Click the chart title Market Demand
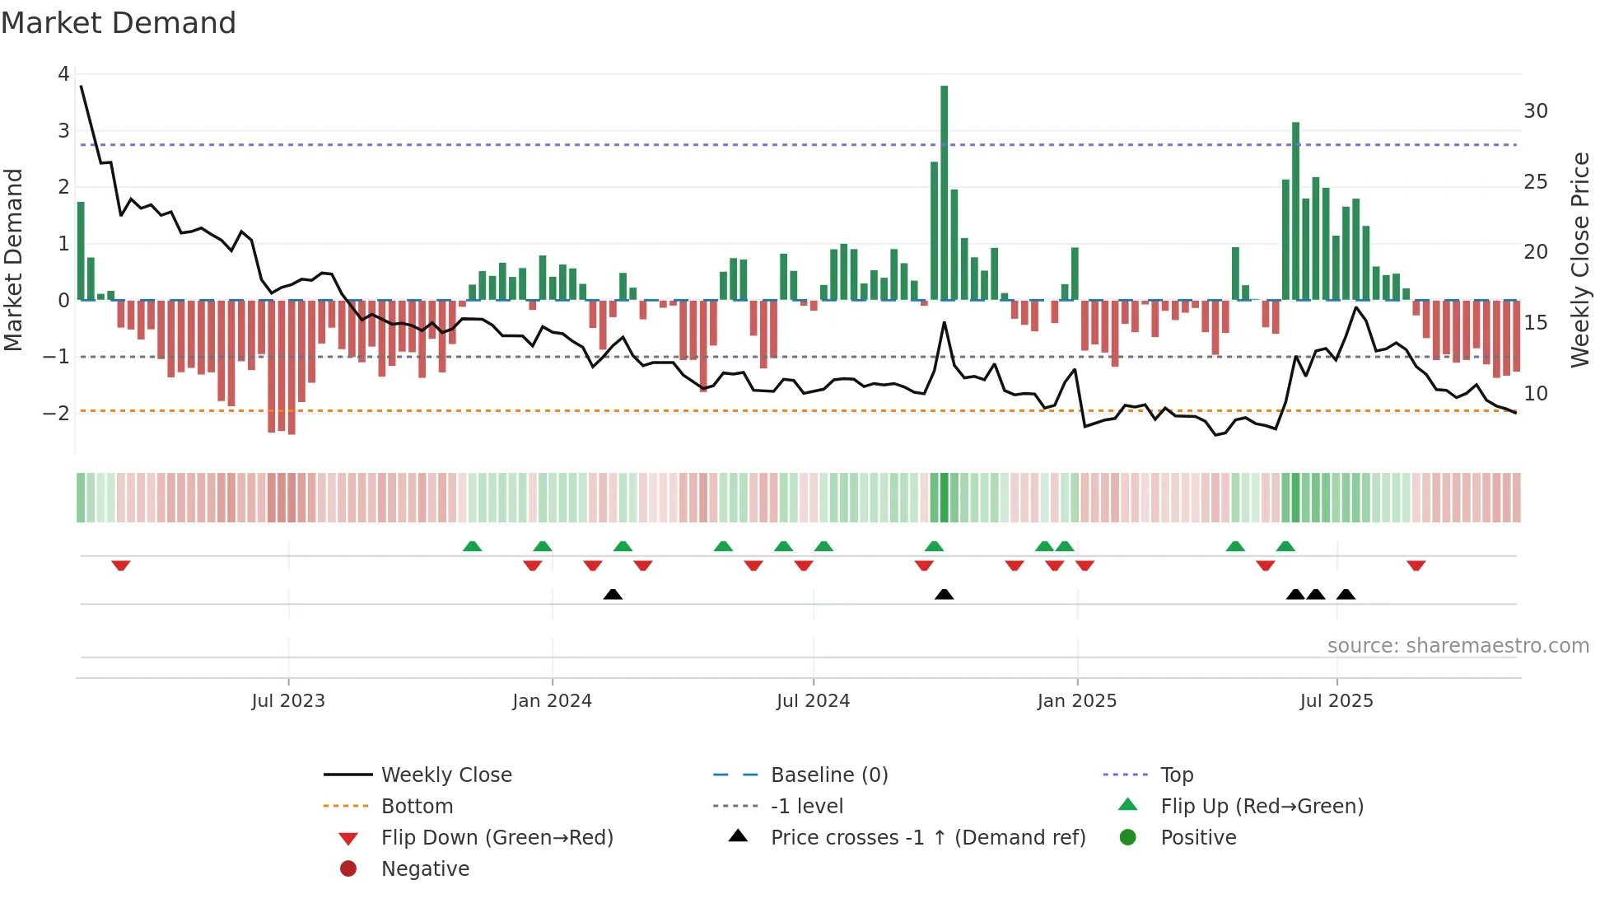point(119,23)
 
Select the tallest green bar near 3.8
point(944,193)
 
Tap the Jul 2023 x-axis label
point(288,701)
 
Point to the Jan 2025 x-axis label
point(1076,701)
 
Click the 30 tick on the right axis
point(1535,111)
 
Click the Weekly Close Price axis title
point(1579,260)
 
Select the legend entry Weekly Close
point(445,775)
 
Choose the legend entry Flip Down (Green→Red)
point(497,837)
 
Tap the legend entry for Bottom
point(417,806)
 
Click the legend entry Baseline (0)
point(828,775)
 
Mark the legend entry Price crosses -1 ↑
point(927,837)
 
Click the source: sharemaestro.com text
point(1458,645)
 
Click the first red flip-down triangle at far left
point(121,565)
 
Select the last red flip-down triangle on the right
point(1416,565)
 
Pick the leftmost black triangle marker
point(613,594)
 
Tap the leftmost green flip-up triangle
point(472,546)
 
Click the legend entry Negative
point(425,868)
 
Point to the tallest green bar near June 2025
point(1295,211)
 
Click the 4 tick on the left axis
point(63,74)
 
